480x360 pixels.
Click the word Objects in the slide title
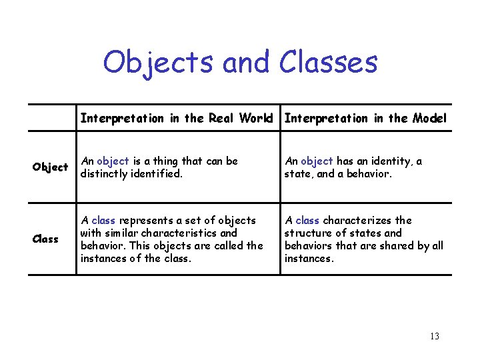(159, 63)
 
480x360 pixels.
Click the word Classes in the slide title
(328, 63)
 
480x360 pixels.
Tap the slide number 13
(435, 336)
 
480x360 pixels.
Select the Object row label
(51, 167)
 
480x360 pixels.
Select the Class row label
(45, 239)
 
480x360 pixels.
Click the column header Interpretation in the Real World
(177, 119)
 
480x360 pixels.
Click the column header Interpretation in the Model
(365, 119)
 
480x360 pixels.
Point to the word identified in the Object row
(159, 173)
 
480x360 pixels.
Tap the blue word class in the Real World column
(103, 220)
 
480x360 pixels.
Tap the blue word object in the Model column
(317, 161)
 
